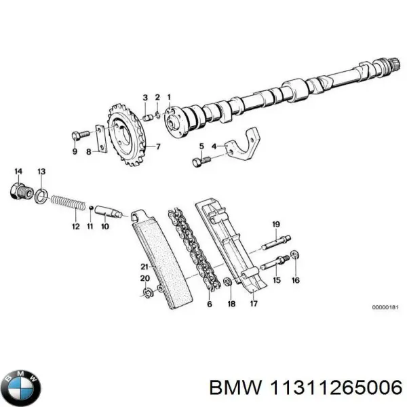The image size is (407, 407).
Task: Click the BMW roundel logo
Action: (22, 387)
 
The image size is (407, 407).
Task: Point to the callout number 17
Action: (254, 303)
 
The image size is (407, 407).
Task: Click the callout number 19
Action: (276, 224)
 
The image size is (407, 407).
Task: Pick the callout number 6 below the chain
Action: (209, 304)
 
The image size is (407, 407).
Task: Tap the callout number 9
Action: (75, 152)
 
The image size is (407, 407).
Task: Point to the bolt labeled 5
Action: (199, 161)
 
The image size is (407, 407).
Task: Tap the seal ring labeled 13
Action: (41, 197)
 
